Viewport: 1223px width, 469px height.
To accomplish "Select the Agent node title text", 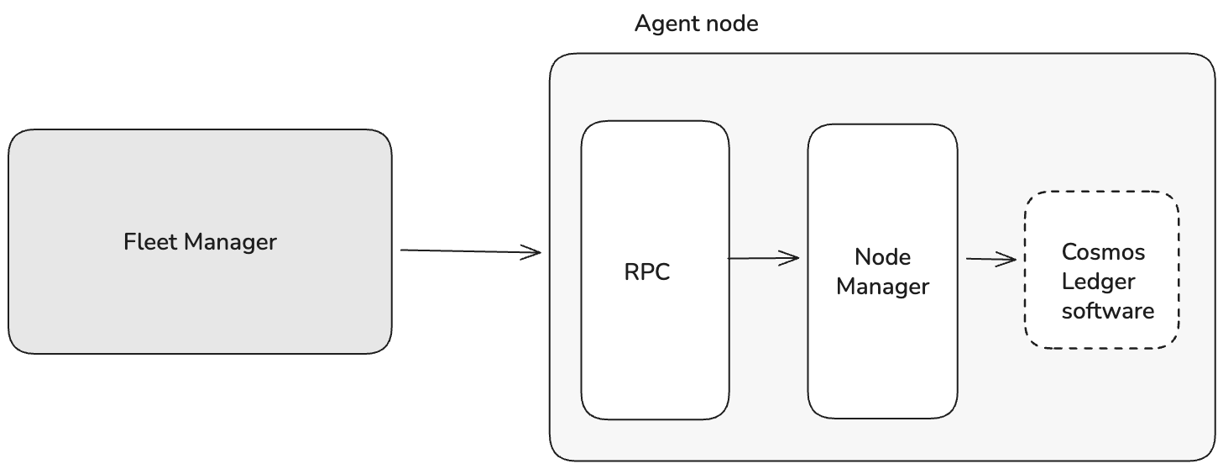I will click(696, 24).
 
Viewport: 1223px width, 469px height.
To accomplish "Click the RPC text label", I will click(647, 273).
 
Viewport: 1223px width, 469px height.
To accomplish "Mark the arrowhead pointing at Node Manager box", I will click(792, 258).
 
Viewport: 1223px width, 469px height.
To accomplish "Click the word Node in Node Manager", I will click(882, 256).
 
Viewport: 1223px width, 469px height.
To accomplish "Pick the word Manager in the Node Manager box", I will click(882, 287).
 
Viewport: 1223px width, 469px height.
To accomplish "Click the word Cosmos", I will click(1102, 251).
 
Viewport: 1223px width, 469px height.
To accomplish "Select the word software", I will click(1108, 311).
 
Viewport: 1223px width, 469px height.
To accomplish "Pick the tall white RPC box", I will click(655, 353).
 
